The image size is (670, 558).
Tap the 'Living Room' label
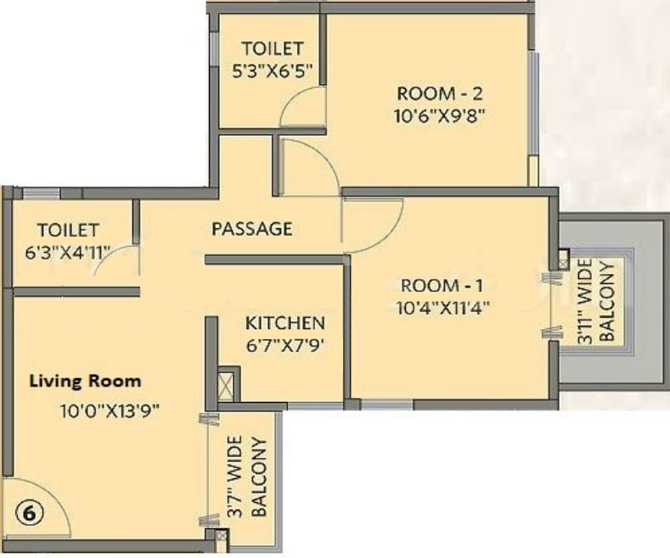86,381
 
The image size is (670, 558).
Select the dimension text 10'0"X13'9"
110,411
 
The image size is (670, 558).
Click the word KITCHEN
285,323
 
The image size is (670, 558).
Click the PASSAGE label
251,229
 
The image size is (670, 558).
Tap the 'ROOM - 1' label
435,285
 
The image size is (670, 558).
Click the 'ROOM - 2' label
440,92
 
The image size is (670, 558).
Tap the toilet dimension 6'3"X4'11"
68,251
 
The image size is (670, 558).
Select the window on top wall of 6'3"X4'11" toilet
41,193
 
